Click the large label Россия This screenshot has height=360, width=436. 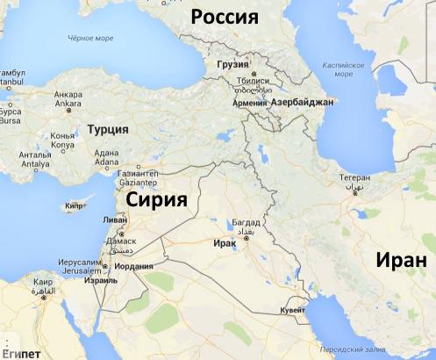(x=226, y=17)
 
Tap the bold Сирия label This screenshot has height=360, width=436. (x=157, y=199)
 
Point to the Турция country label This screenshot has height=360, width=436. (x=108, y=129)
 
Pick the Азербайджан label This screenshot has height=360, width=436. (x=303, y=103)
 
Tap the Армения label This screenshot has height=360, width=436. (x=249, y=103)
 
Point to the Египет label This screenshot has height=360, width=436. (x=19, y=352)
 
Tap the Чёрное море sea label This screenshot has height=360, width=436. (x=91, y=38)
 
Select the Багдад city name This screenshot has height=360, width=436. (x=247, y=223)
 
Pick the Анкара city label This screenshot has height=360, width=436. (x=68, y=95)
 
